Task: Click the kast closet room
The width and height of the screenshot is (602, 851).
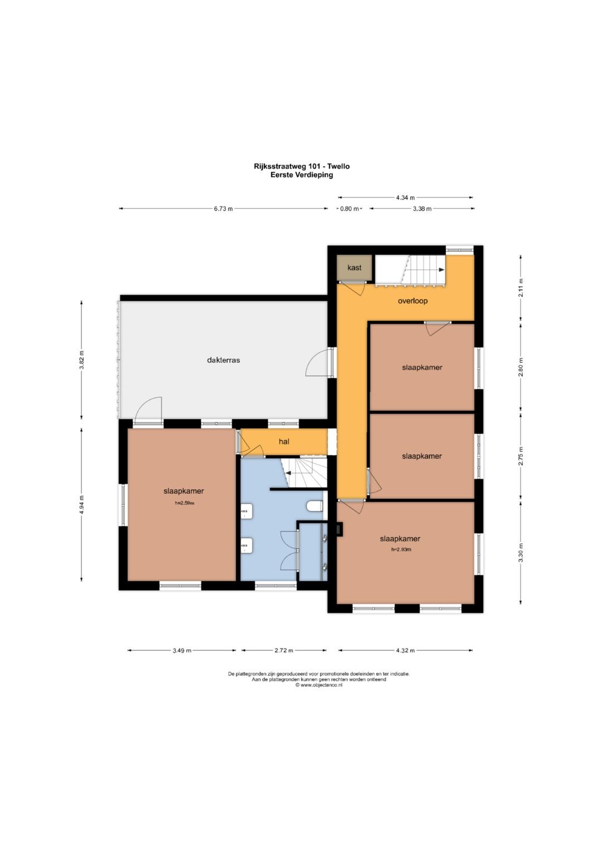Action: click(x=354, y=268)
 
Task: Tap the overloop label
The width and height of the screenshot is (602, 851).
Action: click(x=412, y=301)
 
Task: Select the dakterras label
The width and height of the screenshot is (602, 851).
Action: click(x=224, y=360)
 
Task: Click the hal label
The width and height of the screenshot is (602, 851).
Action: click(x=284, y=441)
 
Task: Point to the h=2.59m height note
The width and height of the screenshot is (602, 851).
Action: click(x=185, y=503)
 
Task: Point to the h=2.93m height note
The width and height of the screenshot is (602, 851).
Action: click(x=401, y=549)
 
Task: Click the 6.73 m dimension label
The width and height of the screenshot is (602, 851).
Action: click(x=223, y=208)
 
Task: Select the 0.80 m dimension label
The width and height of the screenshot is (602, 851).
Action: click(x=349, y=208)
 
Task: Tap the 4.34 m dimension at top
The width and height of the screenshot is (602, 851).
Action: click(x=405, y=197)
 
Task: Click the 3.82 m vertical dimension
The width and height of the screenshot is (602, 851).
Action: click(x=82, y=360)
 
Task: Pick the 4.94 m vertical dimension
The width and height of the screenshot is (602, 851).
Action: click(x=82, y=504)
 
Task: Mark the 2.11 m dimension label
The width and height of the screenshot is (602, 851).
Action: click(x=521, y=288)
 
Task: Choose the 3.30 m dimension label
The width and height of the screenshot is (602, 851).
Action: click(x=521, y=552)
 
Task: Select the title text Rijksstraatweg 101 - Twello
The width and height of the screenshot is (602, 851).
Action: click(x=302, y=166)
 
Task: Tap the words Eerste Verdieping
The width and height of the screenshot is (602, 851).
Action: click(x=302, y=175)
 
